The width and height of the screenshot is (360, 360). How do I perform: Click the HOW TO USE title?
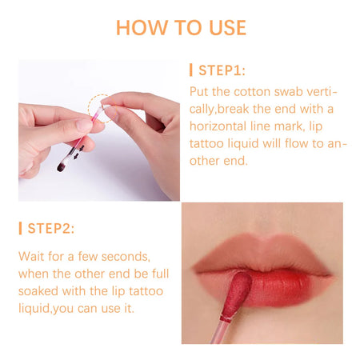coord(180,26)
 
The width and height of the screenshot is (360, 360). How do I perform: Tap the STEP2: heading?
coord(51,228)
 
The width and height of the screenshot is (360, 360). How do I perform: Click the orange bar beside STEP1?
coord(190,70)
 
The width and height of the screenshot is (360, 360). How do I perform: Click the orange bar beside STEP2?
coord(20,228)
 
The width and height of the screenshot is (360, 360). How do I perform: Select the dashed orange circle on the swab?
coord(100,104)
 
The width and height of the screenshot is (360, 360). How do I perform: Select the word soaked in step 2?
coord(39,292)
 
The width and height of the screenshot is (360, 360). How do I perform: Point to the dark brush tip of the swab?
coord(62,166)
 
